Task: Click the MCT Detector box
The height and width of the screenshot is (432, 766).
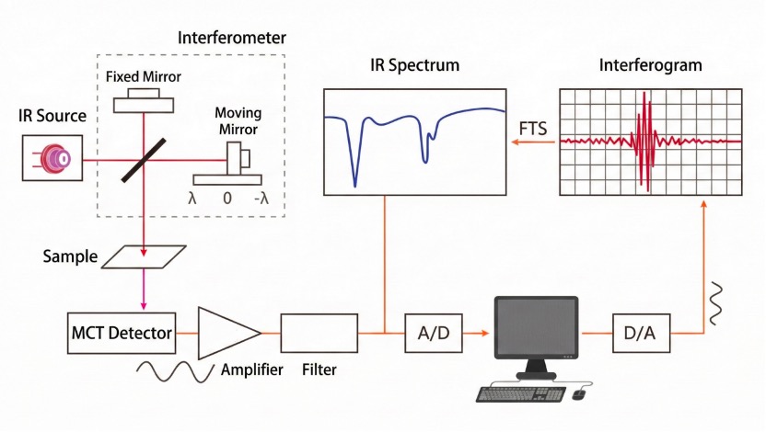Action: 122,332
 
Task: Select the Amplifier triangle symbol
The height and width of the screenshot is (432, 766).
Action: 226,332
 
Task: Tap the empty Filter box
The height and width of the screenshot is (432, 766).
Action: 319,332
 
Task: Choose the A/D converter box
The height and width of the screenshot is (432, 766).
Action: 433,332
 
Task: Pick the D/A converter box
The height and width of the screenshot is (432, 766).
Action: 642,332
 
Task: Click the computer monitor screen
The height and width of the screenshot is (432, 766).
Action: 536,329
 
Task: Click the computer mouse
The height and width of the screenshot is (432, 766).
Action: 578,394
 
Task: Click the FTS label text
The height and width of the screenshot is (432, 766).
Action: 533,128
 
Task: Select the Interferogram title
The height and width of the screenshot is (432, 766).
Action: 650,65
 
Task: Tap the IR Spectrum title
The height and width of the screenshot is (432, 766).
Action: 414,65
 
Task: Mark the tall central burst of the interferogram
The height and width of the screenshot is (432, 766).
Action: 647,140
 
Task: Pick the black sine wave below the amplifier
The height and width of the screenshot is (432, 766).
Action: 176,372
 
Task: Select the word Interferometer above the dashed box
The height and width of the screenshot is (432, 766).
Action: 231,38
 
